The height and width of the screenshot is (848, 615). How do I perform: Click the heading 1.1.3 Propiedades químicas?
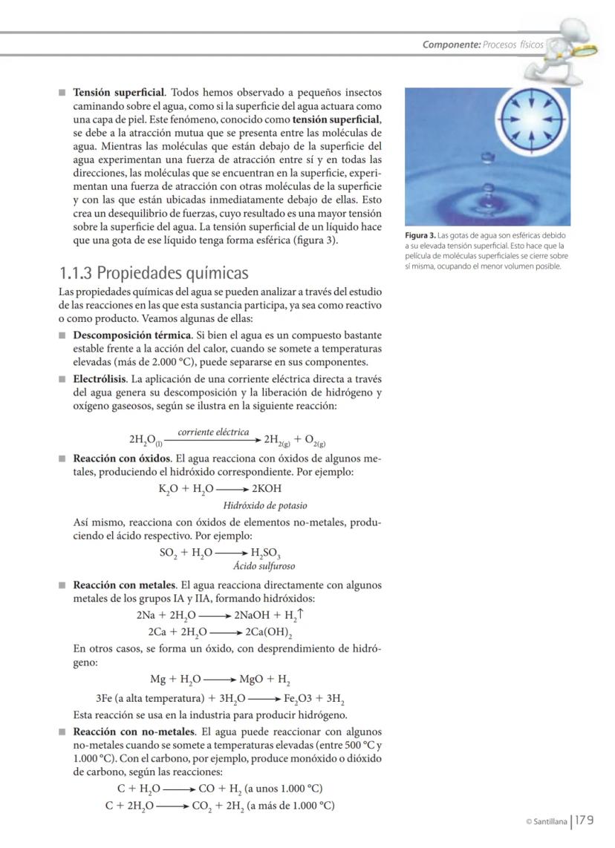153,272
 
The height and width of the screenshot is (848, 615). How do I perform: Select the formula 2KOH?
267,489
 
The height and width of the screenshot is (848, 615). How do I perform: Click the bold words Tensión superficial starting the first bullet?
118,93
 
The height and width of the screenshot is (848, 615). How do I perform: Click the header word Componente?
451,45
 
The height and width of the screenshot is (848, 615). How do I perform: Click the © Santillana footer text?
546,821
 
